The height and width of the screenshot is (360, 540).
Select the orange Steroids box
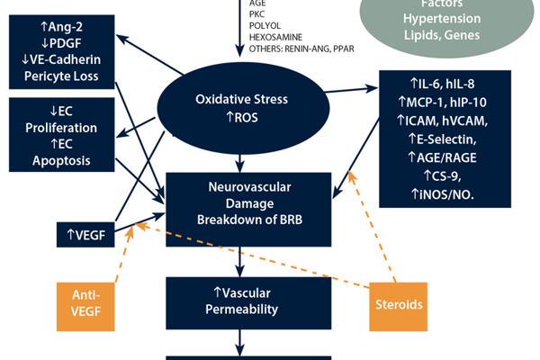click(398, 304)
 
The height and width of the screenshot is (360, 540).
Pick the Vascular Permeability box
click(239, 301)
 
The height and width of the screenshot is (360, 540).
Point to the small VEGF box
click(85, 236)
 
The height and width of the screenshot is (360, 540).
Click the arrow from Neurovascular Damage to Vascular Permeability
click(239, 262)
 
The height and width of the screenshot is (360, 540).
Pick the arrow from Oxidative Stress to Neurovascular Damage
click(239, 162)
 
